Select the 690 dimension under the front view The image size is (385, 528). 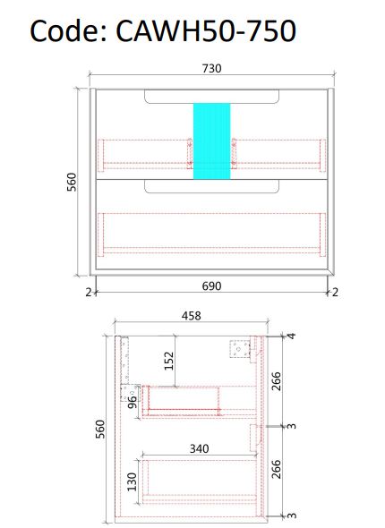click(210, 285)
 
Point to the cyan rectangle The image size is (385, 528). click(211, 141)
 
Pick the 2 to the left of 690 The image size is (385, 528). click(90, 291)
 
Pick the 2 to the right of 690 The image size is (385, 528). click(334, 291)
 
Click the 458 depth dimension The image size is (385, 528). click(191, 315)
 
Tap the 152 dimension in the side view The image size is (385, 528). click(168, 362)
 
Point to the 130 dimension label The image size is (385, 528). click(133, 481)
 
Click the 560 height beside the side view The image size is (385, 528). click(98, 431)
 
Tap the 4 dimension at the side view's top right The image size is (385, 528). click(291, 336)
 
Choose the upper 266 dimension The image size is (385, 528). click(277, 382)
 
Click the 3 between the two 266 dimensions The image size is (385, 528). click(291, 427)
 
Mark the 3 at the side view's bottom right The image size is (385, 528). click(291, 515)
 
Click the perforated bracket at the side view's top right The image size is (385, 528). click(239, 349)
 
